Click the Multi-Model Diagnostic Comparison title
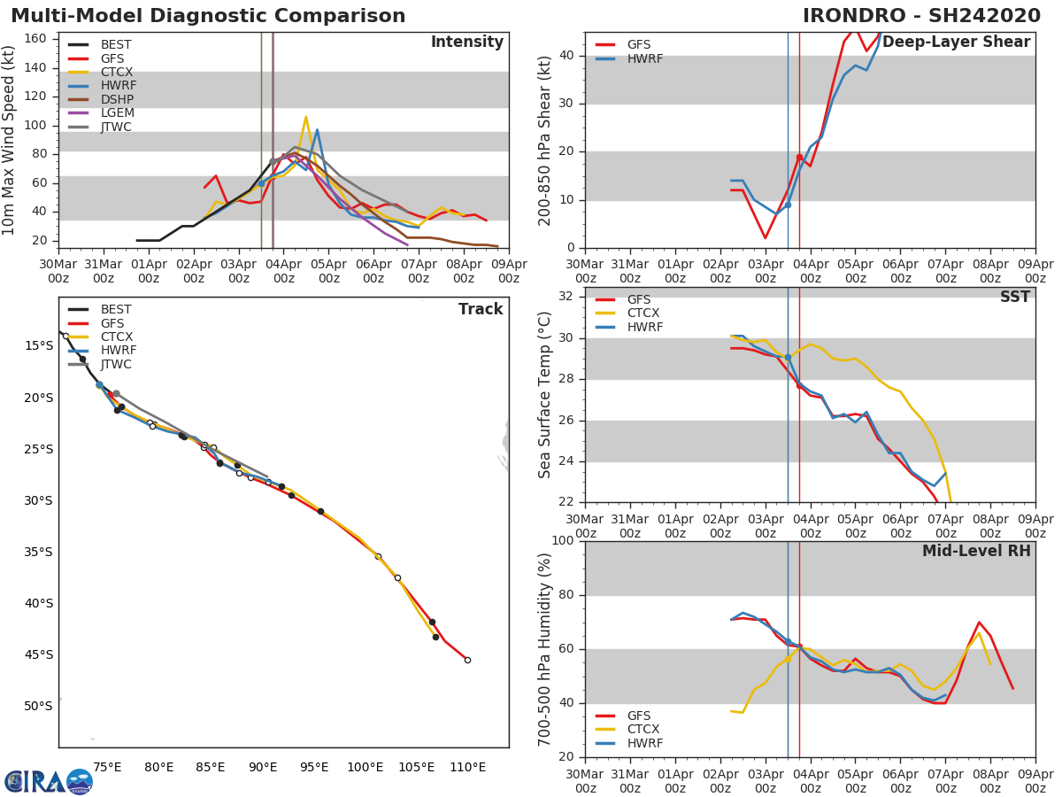(208, 16)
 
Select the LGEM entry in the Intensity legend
(118, 113)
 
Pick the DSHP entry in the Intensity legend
(118, 99)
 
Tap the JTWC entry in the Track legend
(116, 365)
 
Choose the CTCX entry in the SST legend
(643, 313)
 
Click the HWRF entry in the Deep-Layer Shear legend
(644, 58)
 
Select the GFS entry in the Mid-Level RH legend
(643, 716)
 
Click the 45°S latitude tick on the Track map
(39, 655)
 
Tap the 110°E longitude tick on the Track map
(467, 767)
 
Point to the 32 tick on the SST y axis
(566, 296)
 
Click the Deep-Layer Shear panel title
(956, 43)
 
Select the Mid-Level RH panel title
(976, 552)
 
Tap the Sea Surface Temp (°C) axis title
(546, 395)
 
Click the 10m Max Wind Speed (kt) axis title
(10, 140)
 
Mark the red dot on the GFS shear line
(799, 158)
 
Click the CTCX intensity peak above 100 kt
(305, 117)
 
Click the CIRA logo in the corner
(49, 781)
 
